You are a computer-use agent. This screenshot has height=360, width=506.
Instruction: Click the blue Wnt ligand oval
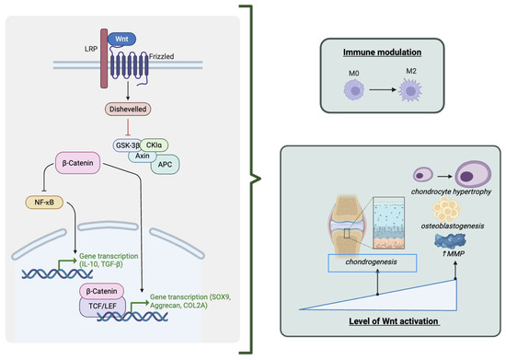click(121, 39)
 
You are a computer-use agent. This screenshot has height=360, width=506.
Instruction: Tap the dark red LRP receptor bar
click(104, 58)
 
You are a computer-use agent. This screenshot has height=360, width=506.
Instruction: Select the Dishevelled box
click(128, 110)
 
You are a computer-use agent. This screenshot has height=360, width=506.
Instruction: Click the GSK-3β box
click(127, 145)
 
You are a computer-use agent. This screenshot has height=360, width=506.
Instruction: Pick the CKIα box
click(155, 145)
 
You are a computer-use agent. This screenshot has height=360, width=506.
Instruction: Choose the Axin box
click(143, 156)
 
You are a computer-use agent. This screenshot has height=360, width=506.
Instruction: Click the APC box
click(165, 164)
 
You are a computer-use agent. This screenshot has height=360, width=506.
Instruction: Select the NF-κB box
click(44, 203)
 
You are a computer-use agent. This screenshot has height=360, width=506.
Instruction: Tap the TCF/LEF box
click(103, 307)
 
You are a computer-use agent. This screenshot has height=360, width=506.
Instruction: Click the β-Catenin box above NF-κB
click(77, 163)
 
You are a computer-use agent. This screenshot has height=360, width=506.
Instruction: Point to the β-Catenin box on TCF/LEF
click(101, 291)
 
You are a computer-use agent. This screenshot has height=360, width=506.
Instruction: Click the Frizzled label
click(161, 56)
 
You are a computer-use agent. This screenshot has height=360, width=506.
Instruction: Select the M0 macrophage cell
click(354, 89)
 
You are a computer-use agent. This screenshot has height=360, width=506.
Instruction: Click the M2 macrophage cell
click(410, 91)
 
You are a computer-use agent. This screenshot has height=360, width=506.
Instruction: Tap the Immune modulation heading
click(382, 52)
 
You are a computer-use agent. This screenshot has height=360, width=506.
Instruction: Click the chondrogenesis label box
click(372, 262)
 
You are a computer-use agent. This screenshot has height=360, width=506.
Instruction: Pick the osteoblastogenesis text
click(453, 226)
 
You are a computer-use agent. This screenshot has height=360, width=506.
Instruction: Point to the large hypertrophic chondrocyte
click(473, 175)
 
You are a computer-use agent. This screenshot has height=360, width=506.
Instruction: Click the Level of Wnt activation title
click(394, 321)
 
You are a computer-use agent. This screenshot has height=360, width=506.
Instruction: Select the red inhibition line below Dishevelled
click(128, 126)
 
